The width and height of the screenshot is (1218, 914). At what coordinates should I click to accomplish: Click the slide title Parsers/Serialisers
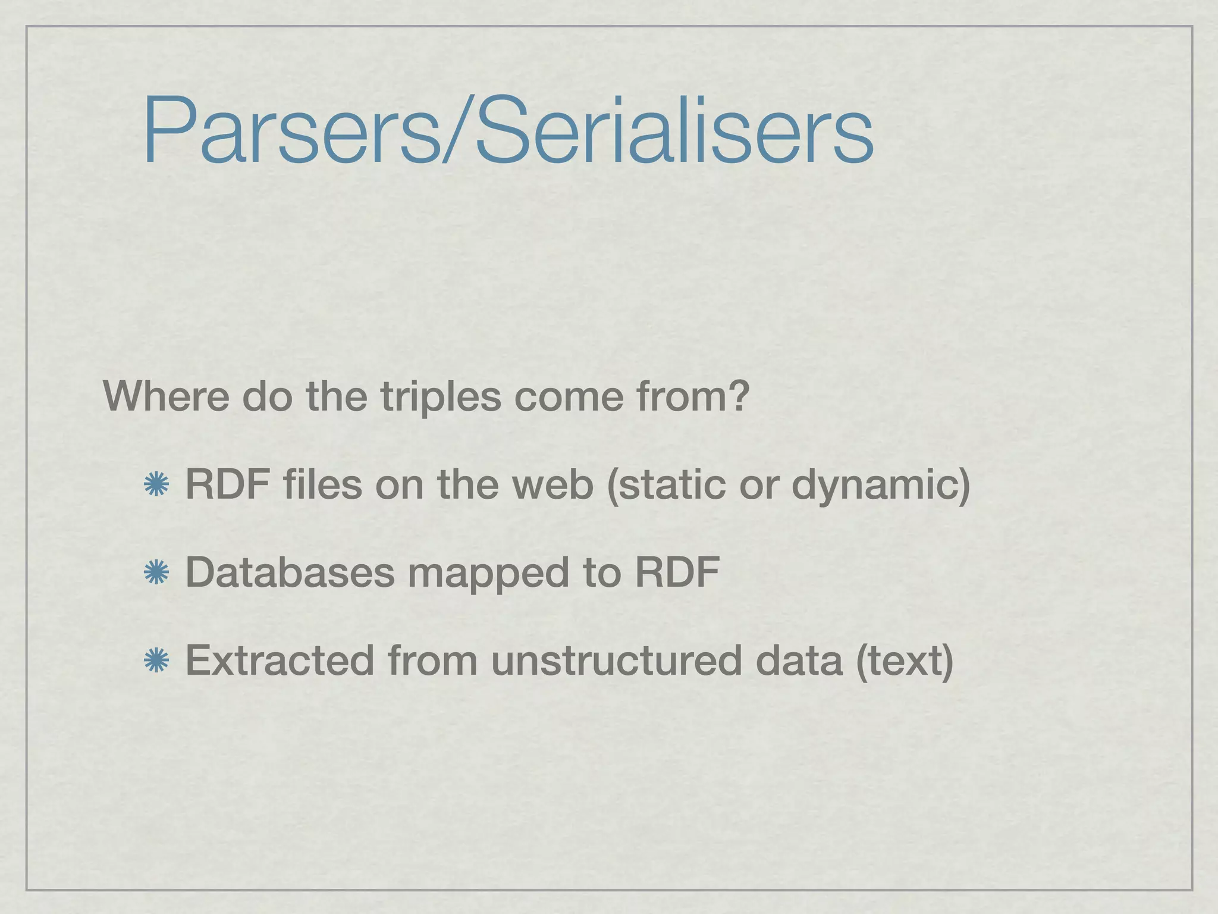(507, 131)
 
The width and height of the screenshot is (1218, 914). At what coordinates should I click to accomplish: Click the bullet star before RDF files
(156, 486)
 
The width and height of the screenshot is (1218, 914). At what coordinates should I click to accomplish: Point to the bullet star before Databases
(156, 573)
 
